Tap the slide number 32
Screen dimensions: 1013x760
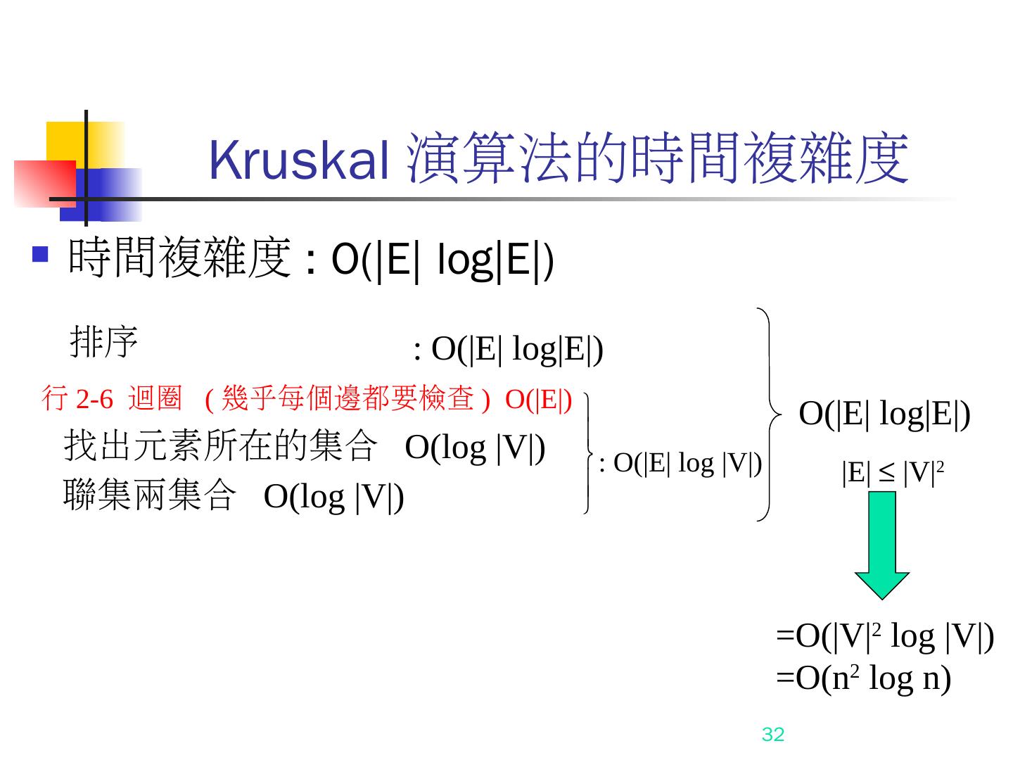point(772,735)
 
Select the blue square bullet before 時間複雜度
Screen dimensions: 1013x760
point(41,253)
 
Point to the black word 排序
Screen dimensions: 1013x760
point(104,343)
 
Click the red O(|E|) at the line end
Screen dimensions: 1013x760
point(538,400)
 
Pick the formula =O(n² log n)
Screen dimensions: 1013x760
point(863,678)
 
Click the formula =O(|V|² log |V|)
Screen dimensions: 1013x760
point(884,637)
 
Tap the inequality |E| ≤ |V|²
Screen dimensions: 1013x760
point(891,474)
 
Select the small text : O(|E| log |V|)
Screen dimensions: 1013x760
point(680,463)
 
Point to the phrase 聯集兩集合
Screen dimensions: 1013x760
point(148,495)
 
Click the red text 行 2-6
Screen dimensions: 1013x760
point(77,400)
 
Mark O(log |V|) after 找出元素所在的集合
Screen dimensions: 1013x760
point(475,448)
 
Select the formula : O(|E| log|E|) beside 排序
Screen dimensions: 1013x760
point(508,349)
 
